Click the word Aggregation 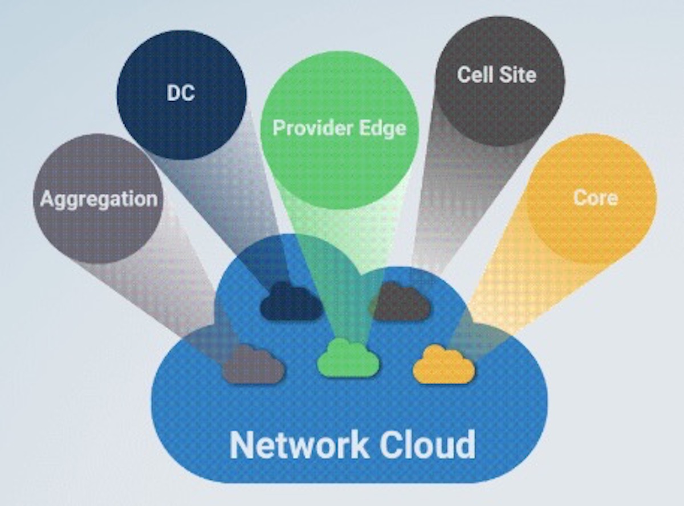(x=99, y=199)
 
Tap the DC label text (x=181, y=93)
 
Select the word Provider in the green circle (x=307, y=128)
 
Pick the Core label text (x=595, y=198)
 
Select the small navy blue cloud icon (x=291, y=303)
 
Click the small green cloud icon (x=348, y=359)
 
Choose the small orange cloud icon (x=443, y=365)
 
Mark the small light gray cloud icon (x=253, y=365)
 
